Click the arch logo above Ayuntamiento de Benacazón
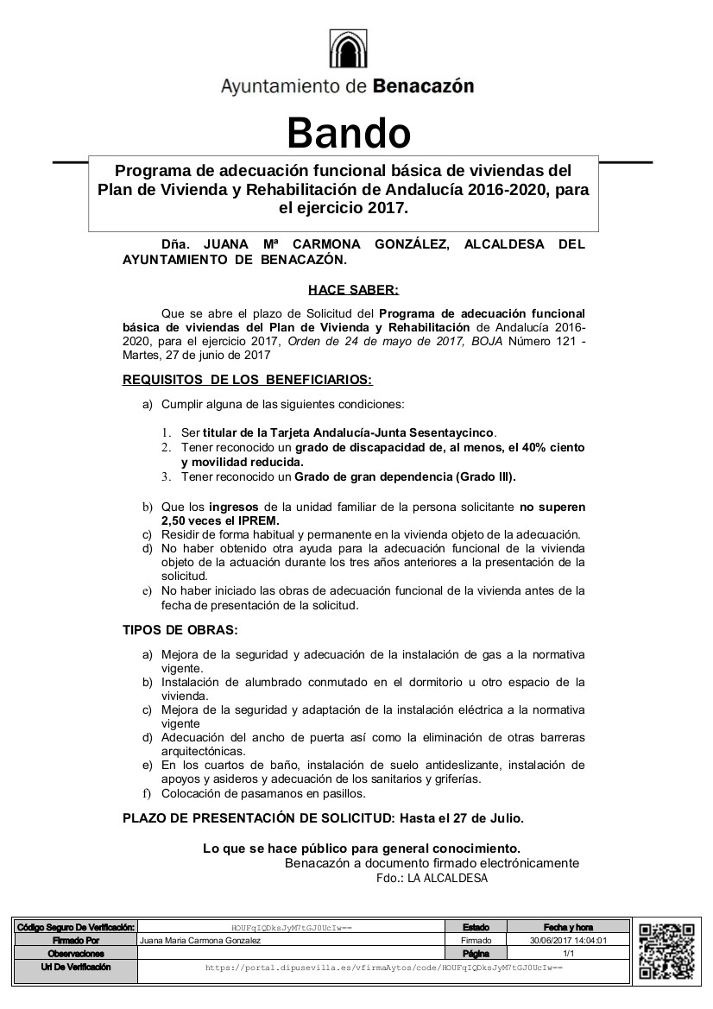(349, 50)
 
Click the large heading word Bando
(348, 133)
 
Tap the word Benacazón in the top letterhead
(423, 86)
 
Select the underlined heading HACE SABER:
(354, 291)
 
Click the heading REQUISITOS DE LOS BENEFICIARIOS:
(248, 379)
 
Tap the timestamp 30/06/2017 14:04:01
(568, 941)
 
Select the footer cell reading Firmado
(476, 941)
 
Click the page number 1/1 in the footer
(568, 954)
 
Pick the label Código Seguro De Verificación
(76, 927)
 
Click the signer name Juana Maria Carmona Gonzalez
(200, 941)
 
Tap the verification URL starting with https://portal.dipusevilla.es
(383, 968)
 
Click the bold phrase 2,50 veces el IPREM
(220, 521)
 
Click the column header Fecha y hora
(568, 927)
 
